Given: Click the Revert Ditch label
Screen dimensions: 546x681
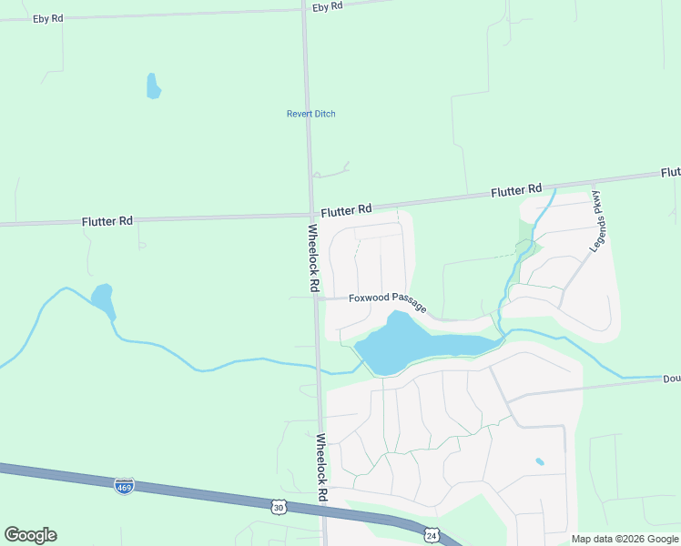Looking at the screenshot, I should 311,114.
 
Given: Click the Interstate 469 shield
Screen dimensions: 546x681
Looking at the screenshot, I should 125,486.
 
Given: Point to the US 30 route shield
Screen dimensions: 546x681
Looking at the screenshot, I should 279,506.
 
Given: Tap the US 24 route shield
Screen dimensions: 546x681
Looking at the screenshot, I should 431,536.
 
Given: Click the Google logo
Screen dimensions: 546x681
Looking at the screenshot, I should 30,535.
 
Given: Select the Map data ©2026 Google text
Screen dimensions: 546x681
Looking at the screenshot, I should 625,539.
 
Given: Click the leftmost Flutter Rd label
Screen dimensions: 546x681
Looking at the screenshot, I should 107,220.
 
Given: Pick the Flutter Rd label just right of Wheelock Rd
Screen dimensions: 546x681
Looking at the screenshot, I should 346,210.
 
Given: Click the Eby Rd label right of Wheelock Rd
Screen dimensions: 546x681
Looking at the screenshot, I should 326,6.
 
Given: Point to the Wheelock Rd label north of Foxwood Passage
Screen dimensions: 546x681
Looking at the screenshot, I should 313,258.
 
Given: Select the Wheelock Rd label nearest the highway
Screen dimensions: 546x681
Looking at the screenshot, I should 320,468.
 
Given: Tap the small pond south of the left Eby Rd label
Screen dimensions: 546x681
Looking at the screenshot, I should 153,86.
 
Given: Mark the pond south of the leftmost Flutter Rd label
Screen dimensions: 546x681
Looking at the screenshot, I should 102,298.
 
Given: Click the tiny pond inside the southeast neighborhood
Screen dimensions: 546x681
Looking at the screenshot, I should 540,461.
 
